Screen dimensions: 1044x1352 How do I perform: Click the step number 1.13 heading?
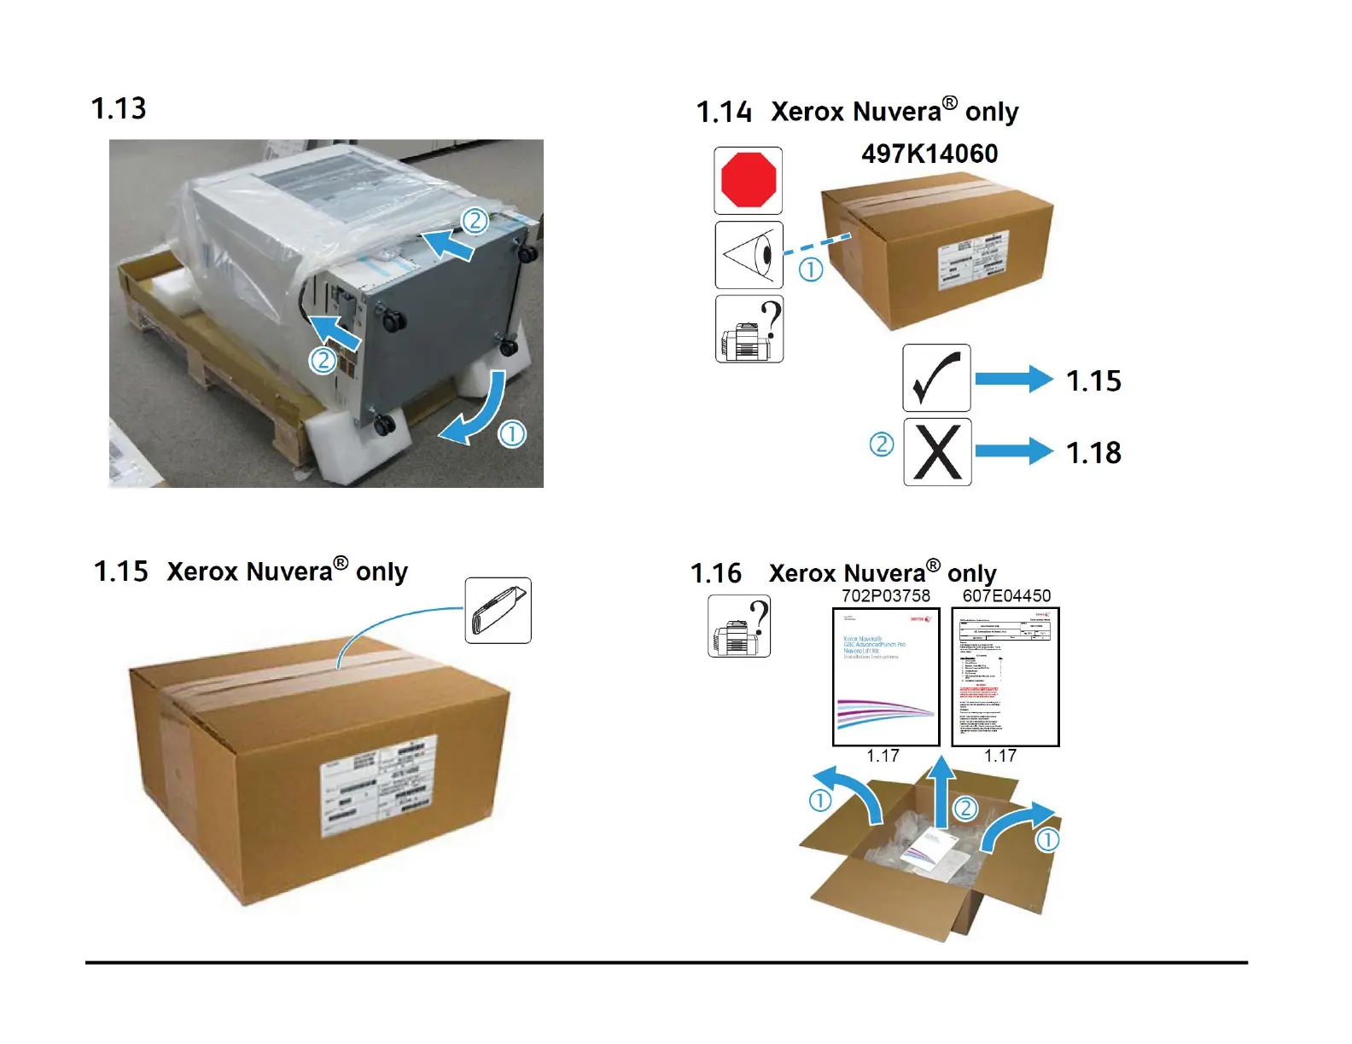tap(119, 108)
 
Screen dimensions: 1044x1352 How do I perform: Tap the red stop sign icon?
tap(749, 180)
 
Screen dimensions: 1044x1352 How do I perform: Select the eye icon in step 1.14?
tap(749, 255)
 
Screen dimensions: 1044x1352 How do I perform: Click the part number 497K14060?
tap(929, 154)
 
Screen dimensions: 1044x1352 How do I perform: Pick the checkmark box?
tap(936, 378)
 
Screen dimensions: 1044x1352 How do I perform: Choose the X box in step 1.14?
tap(937, 452)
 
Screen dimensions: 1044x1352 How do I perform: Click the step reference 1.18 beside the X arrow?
tap(1093, 452)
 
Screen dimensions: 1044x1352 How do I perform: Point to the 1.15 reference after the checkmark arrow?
tap(1093, 380)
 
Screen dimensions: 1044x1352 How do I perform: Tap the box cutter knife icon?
tap(498, 611)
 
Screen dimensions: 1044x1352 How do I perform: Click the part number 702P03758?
tap(886, 595)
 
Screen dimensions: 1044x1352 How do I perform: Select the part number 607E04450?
tap(1006, 595)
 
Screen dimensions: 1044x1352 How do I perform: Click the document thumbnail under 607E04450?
tap(1005, 676)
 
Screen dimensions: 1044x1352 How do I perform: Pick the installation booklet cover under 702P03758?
tap(886, 676)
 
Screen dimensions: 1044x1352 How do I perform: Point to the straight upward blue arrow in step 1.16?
tap(941, 792)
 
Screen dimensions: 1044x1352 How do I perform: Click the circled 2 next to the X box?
tap(882, 444)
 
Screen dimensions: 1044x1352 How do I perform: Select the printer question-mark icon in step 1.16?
tap(739, 626)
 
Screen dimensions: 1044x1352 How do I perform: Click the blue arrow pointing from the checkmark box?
tap(1014, 379)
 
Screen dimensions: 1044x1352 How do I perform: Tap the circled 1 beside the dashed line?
tap(811, 270)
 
